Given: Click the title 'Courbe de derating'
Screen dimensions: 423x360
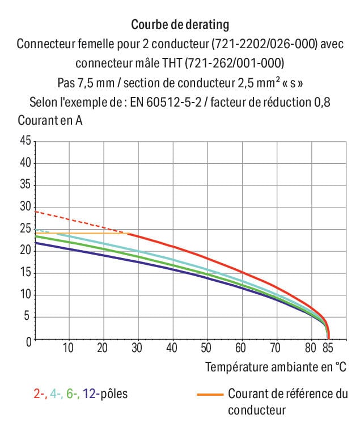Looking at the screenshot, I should click(180, 24).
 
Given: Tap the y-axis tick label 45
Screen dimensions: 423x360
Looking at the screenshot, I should click(24, 141).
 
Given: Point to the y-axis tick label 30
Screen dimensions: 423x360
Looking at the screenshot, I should click(24, 207).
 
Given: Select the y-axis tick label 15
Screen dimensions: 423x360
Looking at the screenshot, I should click(24, 273).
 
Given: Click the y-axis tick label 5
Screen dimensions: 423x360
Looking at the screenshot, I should click(27, 318).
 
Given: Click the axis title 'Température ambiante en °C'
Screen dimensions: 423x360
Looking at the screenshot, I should click(276, 367).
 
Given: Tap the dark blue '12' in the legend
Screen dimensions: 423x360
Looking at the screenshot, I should click(90, 394).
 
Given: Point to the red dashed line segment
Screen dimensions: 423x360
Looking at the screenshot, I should click(79, 222).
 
